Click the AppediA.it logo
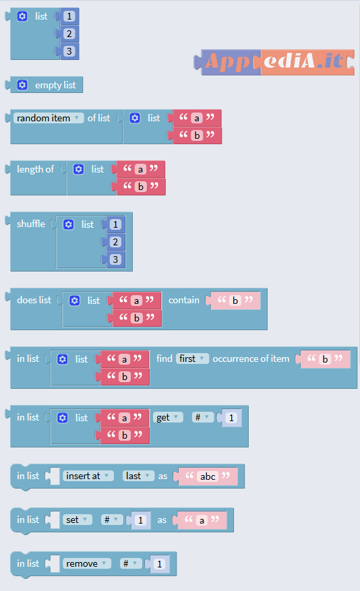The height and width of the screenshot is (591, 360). pos(274,62)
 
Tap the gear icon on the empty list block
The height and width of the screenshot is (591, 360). pos(22,85)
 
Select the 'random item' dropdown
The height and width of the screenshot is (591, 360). pos(49,118)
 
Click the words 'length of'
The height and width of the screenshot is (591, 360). pos(36,169)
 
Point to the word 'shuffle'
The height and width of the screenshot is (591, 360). pos(31,224)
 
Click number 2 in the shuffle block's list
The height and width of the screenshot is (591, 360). pos(115,242)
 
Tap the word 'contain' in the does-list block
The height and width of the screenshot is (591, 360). pos(184,300)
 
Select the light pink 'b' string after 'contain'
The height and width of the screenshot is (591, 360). pos(235,301)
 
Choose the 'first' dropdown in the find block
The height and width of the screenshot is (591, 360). pos(192,359)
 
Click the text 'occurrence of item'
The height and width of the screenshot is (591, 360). pos(251,359)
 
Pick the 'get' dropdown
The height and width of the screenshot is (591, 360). pos(168,417)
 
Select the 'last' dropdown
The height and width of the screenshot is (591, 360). pos(138,476)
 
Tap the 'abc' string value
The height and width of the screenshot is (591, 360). pos(208,476)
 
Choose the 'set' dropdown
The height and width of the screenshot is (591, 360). pos(78,520)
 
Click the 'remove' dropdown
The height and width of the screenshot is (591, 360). pos(87,563)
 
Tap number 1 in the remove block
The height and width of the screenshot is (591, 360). pos(160,564)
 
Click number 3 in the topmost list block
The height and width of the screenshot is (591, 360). pos(69,51)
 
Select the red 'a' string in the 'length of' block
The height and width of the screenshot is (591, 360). pos(141,169)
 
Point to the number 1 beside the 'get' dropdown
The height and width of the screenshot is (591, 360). pos(231,418)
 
